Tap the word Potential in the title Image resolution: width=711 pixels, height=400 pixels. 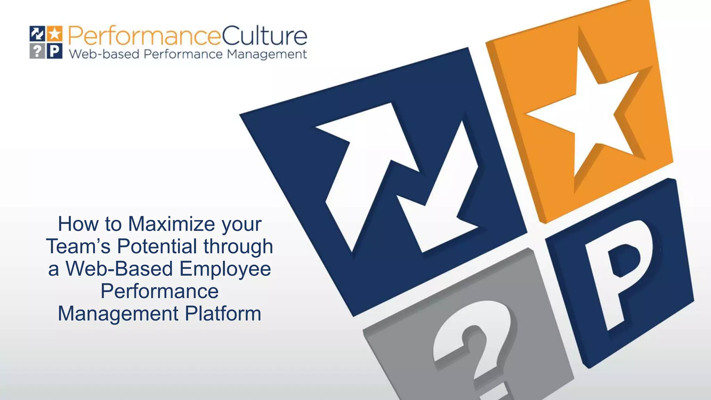click(157, 246)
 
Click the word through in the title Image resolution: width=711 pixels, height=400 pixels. click(238, 247)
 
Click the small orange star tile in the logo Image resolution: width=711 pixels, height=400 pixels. click(55, 34)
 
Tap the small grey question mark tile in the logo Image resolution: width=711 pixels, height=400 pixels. click(37, 51)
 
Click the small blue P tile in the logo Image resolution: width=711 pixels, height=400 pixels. click(55, 51)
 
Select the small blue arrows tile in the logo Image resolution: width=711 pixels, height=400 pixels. click(37, 34)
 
